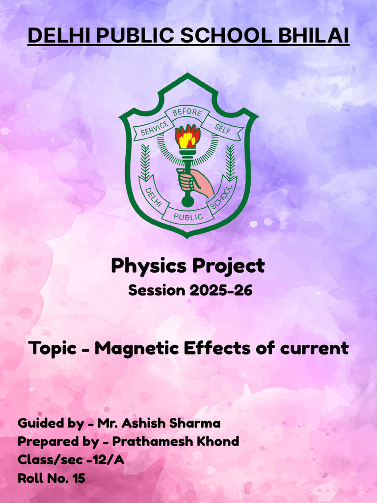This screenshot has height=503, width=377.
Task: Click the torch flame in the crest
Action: [188, 136]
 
